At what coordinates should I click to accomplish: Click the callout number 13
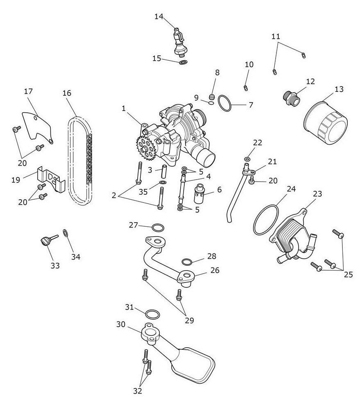(x=339, y=89)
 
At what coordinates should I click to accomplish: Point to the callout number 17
(x=29, y=91)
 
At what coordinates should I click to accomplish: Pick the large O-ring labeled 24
(x=266, y=219)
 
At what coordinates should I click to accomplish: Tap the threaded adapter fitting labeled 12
(x=291, y=98)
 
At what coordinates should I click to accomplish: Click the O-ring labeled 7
(x=225, y=103)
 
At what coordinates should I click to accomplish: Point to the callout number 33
(x=55, y=265)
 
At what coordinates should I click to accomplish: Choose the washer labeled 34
(x=66, y=233)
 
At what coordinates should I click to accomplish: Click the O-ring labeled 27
(x=158, y=228)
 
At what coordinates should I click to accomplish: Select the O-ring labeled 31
(x=152, y=314)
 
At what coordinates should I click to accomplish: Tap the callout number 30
(x=121, y=324)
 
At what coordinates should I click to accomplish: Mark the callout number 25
(x=348, y=275)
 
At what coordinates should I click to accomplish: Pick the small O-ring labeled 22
(x=247, y=159)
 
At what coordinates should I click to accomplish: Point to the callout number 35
(x=143, y=191)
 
